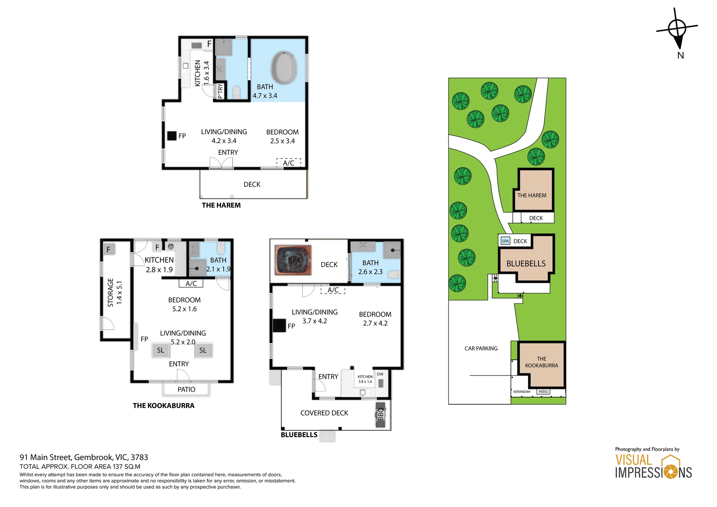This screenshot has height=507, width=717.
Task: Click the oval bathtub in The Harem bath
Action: [284, 68]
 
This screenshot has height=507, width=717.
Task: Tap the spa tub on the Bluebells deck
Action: [293, 260]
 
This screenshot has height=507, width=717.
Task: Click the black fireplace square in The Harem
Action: [171, 136]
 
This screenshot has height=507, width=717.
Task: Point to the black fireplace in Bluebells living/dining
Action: [279, 325]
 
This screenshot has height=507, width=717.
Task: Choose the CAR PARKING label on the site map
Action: [481, 348]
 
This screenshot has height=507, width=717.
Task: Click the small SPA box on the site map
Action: [505, 241]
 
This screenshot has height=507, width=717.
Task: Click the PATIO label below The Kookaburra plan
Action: [186, 389]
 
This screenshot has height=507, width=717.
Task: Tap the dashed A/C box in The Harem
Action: [288, 163]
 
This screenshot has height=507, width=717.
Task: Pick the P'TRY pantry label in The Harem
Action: [220, 91]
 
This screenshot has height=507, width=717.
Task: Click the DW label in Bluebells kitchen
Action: [380, 374]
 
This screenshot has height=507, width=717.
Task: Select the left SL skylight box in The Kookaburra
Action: [161, 350]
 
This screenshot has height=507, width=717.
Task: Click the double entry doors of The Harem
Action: [221, 163]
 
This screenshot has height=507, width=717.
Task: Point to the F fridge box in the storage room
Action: [108, 249]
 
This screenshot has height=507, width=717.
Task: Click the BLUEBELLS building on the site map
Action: [526, 263]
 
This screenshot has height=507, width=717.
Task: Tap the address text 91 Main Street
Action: [84, 457]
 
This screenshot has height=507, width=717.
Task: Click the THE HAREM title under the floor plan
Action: [221, 205]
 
